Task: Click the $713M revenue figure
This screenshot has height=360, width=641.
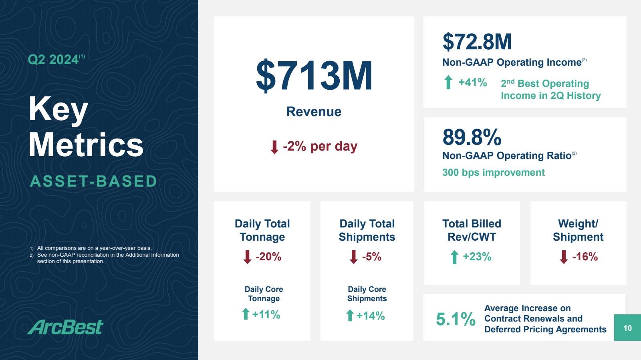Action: tap(314, 76)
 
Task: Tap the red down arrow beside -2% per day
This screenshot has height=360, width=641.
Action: tap(274, 147)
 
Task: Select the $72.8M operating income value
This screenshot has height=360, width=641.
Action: tap(477, 42)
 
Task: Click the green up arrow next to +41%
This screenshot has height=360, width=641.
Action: tap(448, 82)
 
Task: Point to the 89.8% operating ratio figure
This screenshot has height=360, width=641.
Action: tap(472, 137)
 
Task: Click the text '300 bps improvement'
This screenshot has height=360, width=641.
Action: tap(493, 173)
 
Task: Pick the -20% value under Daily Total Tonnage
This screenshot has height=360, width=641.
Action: tap(268, 257)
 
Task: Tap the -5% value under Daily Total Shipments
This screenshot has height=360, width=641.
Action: tap(372, 257)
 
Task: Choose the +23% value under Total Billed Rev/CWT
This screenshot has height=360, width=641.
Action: tap(477, 257)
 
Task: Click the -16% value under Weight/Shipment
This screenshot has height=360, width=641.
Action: tap(585, 257)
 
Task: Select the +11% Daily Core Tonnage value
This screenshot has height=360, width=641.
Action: tap(266, 315)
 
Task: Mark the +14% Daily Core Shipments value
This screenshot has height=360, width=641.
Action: tap(371, 316)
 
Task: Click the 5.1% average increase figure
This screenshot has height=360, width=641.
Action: tap(456, 319)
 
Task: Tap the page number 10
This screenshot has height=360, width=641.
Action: tap(627, 328)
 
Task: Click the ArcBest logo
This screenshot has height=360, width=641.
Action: tap(66, 327)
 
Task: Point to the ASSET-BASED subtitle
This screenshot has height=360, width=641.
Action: tap(93, 181)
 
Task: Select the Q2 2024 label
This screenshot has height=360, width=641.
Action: tap(53, 60)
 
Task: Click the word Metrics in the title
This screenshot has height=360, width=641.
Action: tap(86, 145)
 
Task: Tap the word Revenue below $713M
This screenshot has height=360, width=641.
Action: tap(314, 112)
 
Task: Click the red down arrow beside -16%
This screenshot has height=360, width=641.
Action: tap(564, 257)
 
